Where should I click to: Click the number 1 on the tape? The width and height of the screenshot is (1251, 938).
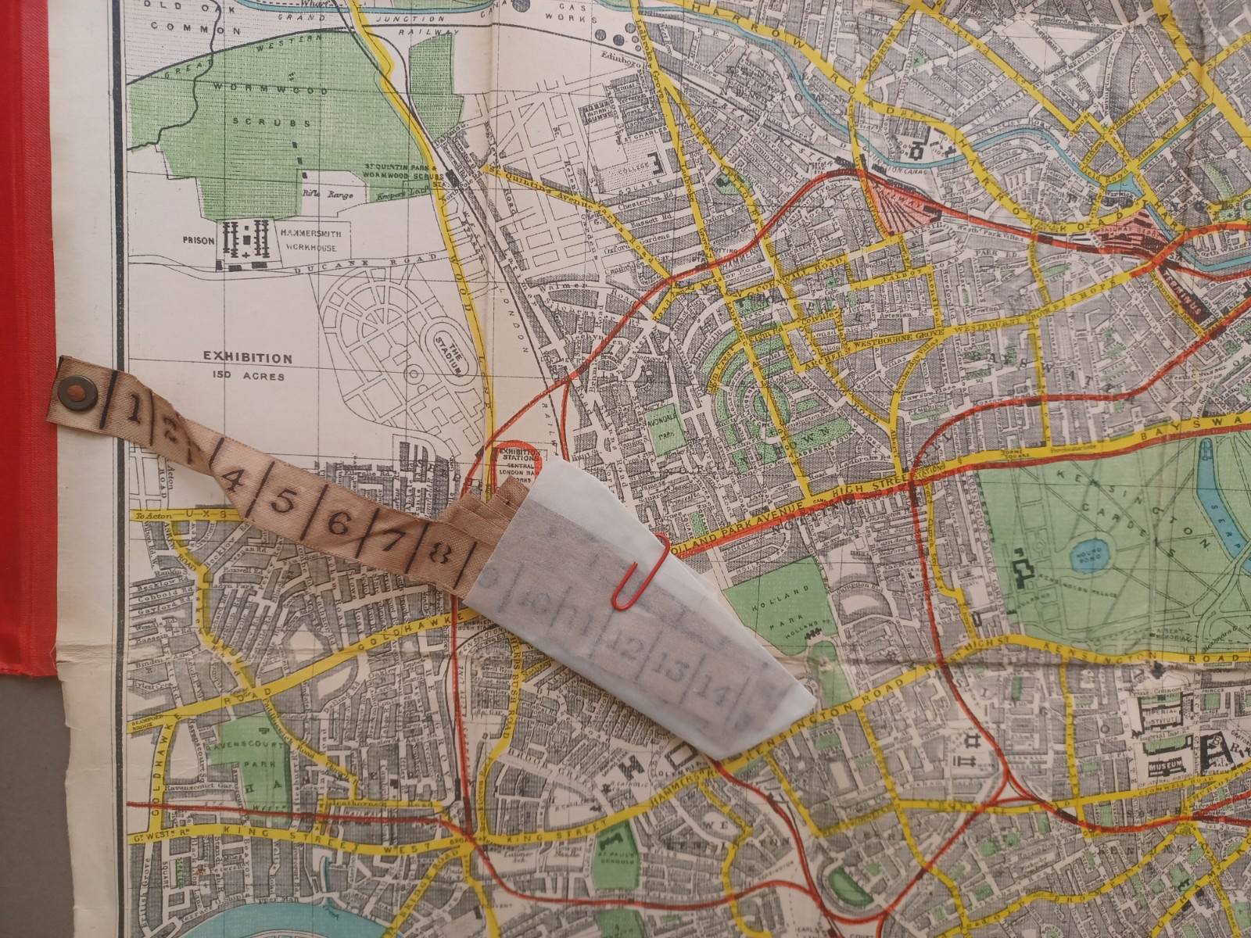(x=135, y=407)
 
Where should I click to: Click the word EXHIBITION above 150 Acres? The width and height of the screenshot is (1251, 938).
(x=248, y=359)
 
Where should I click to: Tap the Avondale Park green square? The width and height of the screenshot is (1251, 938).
(x=667, y=429)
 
